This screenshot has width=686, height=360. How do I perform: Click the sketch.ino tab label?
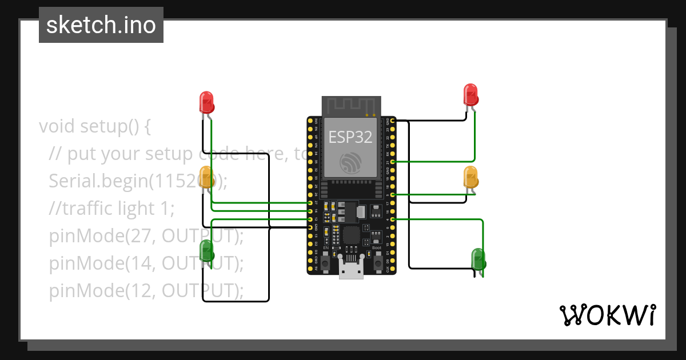pyautogui.click(x=101, y=25)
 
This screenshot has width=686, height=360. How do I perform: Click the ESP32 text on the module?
pyautogui.click(x=350, y=137)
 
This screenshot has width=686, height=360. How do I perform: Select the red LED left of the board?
pyautogui.click(x=206, y=102)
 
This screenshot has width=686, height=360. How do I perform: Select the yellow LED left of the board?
pyautogui.click(x=206, y=177)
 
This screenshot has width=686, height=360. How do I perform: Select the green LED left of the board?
pyautogui.click(x=206, y=251)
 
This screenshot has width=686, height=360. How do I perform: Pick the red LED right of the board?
pyautogui.click(x=470, y=94)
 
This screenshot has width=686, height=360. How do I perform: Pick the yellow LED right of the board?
pyautogui.click(x=470, y=177)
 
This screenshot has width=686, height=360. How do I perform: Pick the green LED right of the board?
pyautogui.click(x=478, y=258)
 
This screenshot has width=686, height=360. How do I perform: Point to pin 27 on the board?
pyautogui.click(x=310, y=203)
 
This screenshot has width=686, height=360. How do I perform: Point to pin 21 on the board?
pyautogui.click(x=392, y=162)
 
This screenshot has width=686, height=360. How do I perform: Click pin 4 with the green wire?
pyautogui.click(x=392, y=219)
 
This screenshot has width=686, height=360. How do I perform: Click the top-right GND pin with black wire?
pyautogui.click(x=392, y=121)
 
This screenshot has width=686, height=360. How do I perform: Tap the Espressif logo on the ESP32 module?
pyautogui.click(x=350, y=162)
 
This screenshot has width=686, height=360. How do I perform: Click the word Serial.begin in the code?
pyautogui.click(x=99, y=181)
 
